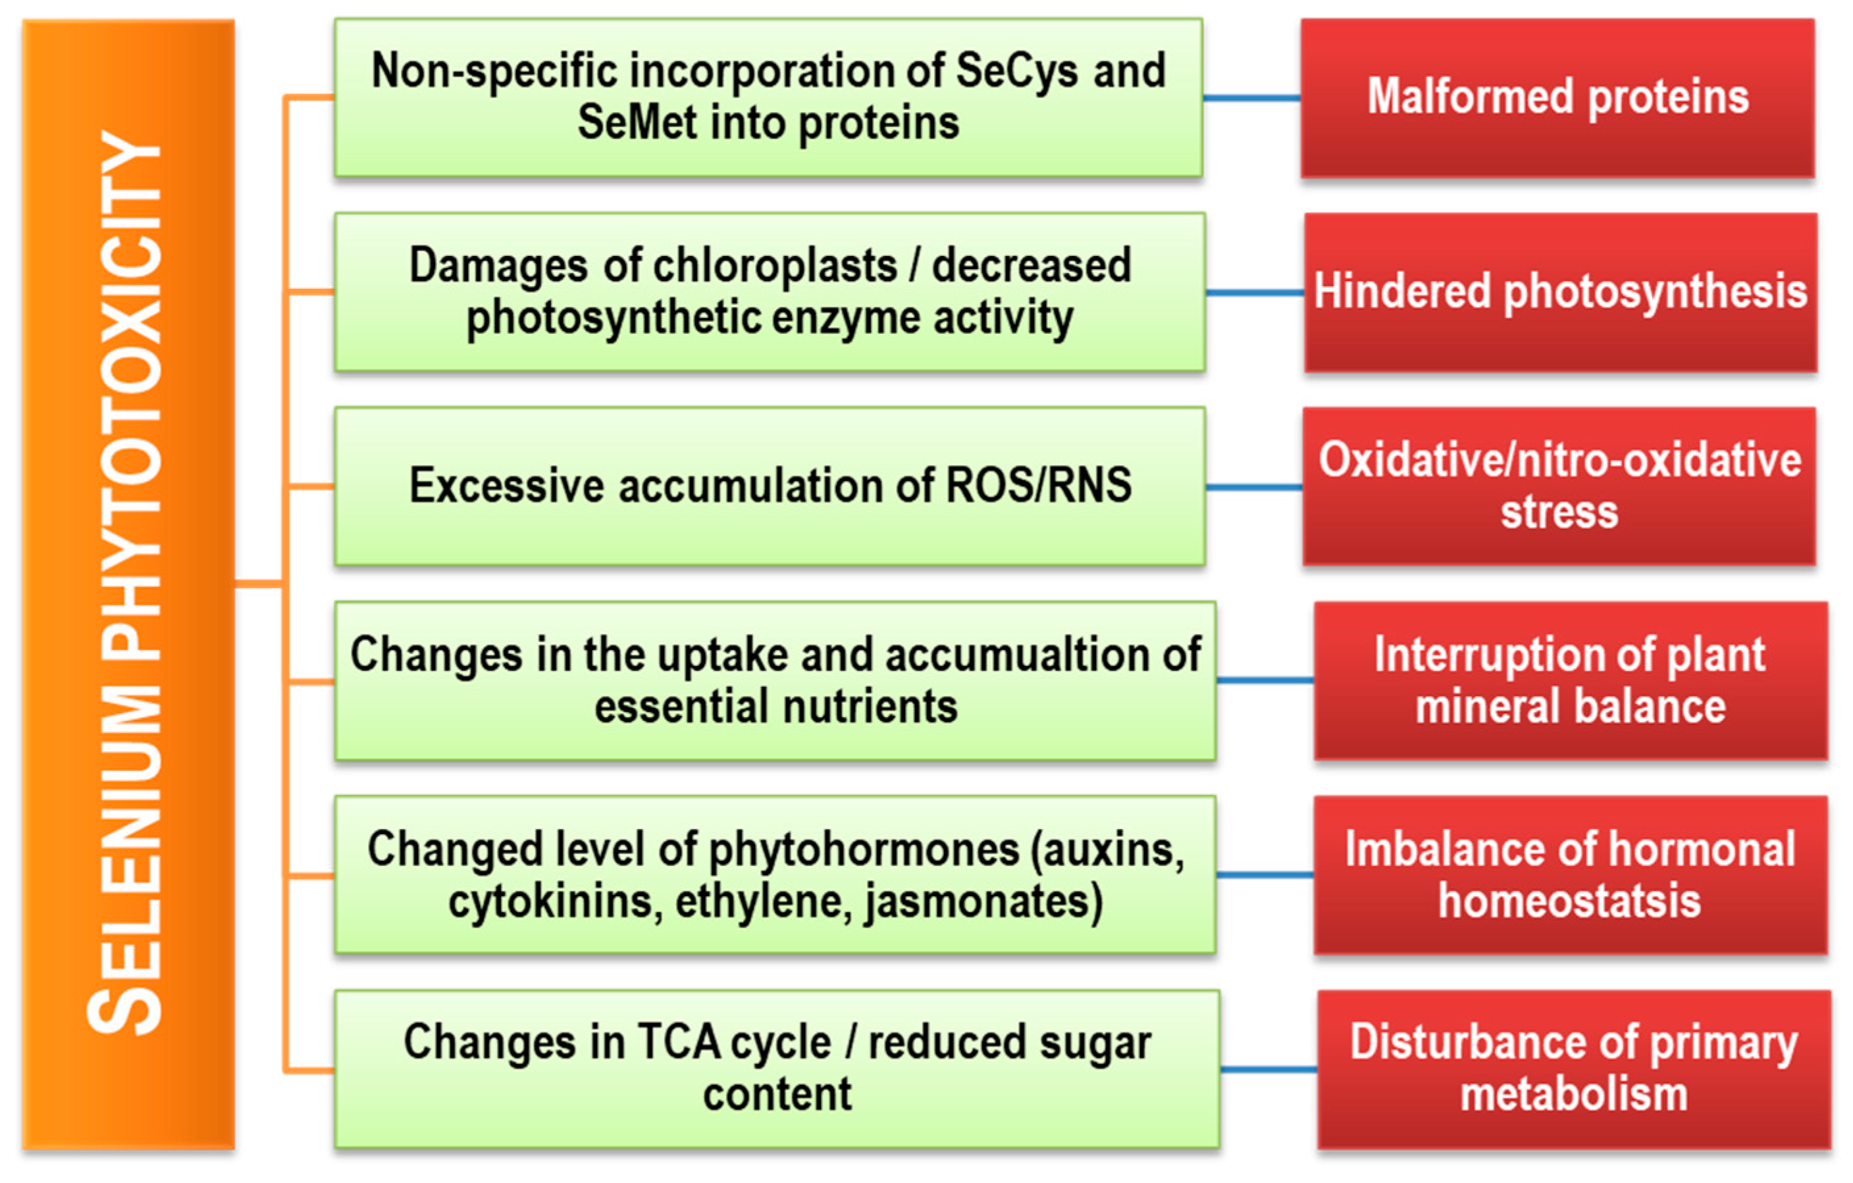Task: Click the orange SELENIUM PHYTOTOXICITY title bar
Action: click(x=128, y=584)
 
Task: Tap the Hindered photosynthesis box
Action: click(x=1561, y=292)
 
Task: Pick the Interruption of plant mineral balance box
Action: click(x=1571, y=681)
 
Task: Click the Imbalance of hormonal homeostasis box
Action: click(x=1571, y=875)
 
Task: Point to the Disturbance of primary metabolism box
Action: click(x=1574, y=1069)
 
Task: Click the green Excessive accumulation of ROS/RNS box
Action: click(x=770, y=486)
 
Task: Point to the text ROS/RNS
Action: click(x=1038, y=486)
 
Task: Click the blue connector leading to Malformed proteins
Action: click(x=1252, y=97)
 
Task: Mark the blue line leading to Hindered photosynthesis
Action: click(x=1255, y=292)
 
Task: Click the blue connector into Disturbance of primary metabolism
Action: click(x=1269, y=1069)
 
